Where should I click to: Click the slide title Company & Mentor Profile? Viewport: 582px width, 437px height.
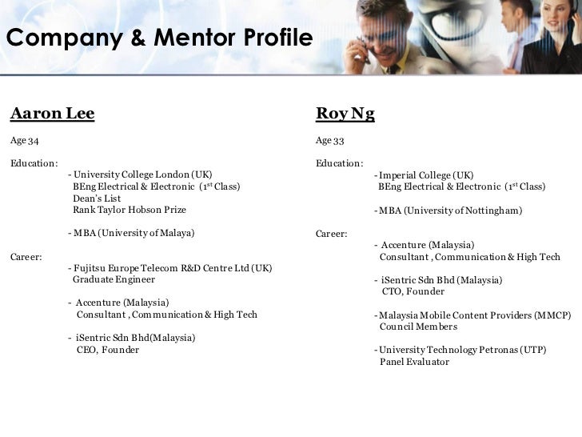(158, 37)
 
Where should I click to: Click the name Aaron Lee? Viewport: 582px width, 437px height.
(52, 114)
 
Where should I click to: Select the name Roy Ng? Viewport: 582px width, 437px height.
(345, 114)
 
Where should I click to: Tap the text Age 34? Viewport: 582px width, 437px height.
(24, 142)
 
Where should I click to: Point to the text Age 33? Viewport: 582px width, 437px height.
(329, 142)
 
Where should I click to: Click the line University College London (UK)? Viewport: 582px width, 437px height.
(142, 174)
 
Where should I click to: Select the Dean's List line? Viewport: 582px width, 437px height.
(95, 198)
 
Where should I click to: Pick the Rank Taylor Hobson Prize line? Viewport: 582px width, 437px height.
(129, 210)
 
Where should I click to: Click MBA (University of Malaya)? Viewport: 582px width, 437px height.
(134, 234)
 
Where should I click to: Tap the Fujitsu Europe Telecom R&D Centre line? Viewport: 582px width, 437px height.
(172, 268)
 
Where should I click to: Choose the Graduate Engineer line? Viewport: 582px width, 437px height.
(114, 280)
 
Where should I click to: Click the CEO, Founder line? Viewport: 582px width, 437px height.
(107, 350)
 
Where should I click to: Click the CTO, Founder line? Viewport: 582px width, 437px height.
(414, 292)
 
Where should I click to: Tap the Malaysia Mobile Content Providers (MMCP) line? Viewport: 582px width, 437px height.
(473, 315)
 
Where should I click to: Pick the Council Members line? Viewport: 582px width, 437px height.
(418, 327)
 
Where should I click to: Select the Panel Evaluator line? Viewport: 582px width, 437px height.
(414, 362)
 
